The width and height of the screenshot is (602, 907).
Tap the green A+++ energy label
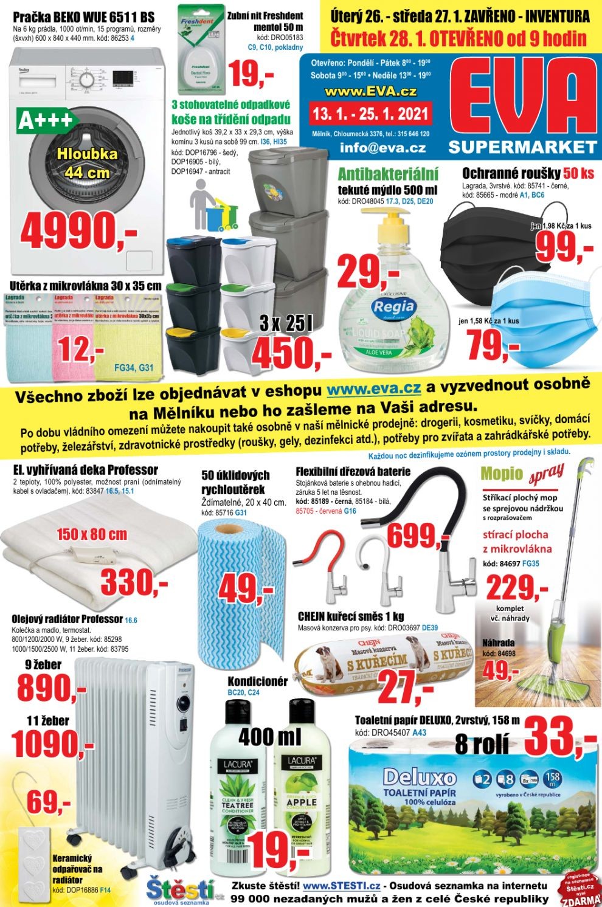coord(46,120)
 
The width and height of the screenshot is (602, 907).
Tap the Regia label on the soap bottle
coord(393,306)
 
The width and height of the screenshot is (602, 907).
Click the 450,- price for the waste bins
coord(291,354)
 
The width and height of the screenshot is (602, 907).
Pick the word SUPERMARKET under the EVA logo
coord(522,147)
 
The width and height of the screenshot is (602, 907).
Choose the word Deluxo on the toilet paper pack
coord(420,778)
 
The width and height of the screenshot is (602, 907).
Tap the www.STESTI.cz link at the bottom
coord(342,886)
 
